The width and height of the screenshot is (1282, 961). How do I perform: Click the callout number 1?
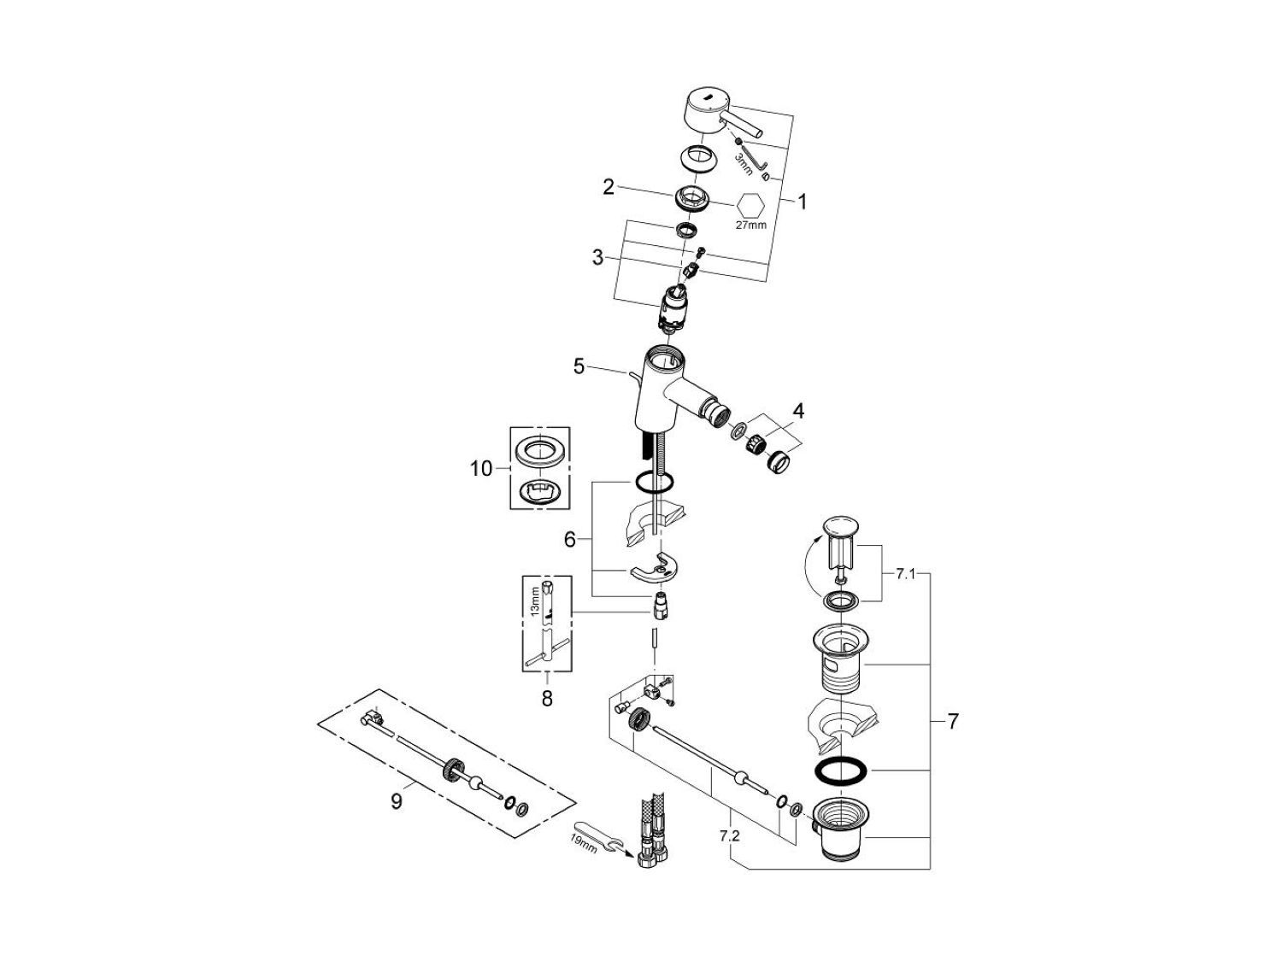click(803, 202)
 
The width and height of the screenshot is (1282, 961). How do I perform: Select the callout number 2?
click(609, 186)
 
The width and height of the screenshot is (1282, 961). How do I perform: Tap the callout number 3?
click(598, 256)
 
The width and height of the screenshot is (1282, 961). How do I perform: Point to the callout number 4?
click(797, 411)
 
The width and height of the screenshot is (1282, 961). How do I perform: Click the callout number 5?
click(579, 366)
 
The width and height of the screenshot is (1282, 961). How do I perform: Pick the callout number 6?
click(570, 539)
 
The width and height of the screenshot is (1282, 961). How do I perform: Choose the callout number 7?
click(952, 721)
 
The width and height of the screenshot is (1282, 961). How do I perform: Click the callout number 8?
click(547, 699)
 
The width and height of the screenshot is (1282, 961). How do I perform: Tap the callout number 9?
click(397, 802)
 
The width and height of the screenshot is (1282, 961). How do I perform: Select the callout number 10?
click(481, 468)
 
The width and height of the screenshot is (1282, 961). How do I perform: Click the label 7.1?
click(905, 574)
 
